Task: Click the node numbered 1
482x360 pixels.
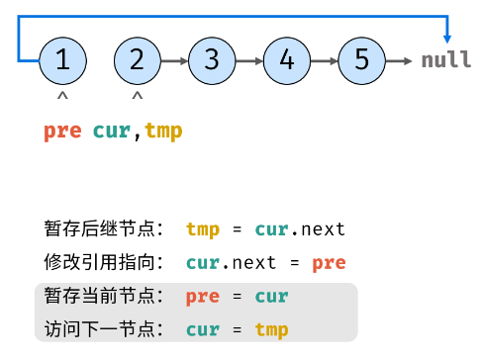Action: click(x=62, y=59)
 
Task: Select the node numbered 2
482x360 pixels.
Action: click(x=137, y=59)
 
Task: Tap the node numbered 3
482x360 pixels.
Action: click(x=211, y=59)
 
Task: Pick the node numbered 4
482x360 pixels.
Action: click(x=286, y=59)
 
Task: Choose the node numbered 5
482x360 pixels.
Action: click(x=360, y=59)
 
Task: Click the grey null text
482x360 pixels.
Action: click(x=446, y=60)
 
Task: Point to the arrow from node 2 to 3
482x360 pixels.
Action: click(x=173, y=60)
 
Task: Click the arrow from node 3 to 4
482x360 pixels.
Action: click(x=248, y=60)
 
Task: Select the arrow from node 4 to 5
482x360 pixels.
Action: click(x=323, y=60)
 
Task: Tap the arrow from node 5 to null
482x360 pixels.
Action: click(x=399, y=60)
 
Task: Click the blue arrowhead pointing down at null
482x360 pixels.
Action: click(x=446, y=36)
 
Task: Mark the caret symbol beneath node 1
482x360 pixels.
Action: click(x=62, y=97)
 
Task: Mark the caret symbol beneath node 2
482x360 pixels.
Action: click(x=137, y=97)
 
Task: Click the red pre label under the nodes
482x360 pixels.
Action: click(x=61, y=131)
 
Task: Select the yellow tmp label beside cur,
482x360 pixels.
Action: click(x=163, y=131)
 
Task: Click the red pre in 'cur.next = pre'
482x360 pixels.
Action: click(x=330, y=263)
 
